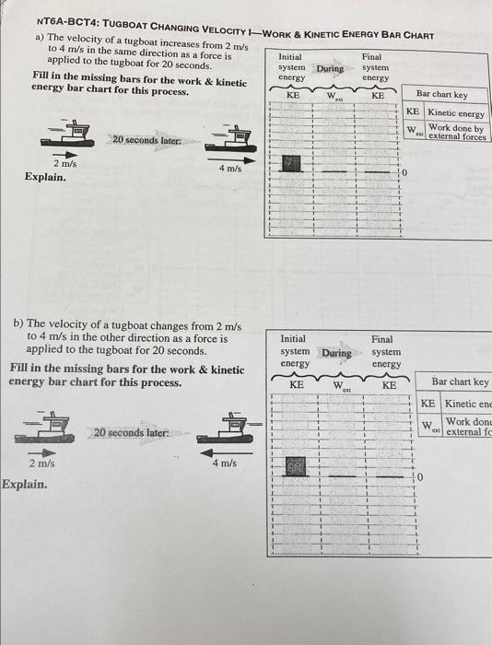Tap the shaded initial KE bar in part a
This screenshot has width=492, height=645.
tap(292, 164)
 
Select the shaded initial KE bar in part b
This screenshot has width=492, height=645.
tap(295, 466)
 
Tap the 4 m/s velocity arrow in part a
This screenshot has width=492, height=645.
tap(228, 158)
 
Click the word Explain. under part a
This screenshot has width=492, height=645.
tap(45, 176)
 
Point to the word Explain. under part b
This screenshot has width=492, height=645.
tap(25, 482)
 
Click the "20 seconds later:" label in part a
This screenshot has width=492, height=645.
tap(146, 140)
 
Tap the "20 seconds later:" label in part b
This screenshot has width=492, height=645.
tap(129, 431)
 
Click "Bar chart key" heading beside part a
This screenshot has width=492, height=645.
tap(441, 94)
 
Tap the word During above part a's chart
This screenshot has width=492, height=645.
tap(330, 68)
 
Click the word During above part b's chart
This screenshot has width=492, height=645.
tap(336, 353)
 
